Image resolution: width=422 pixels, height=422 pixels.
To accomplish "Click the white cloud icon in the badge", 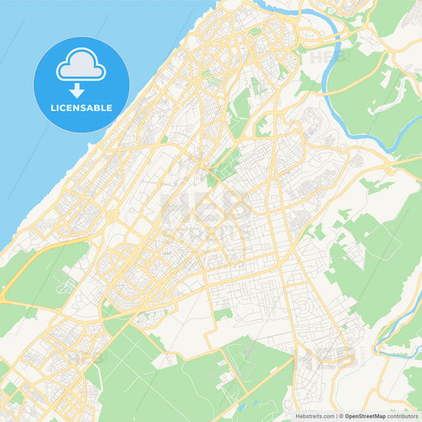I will click(82, 66).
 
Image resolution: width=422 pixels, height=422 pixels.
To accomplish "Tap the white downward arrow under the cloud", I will click(82, 89).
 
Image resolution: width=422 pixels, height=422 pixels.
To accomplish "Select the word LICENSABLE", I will click(82, 108).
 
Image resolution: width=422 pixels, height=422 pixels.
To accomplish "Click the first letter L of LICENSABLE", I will click(53, 108).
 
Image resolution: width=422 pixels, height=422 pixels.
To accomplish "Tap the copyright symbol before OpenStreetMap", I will click(340, 415).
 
